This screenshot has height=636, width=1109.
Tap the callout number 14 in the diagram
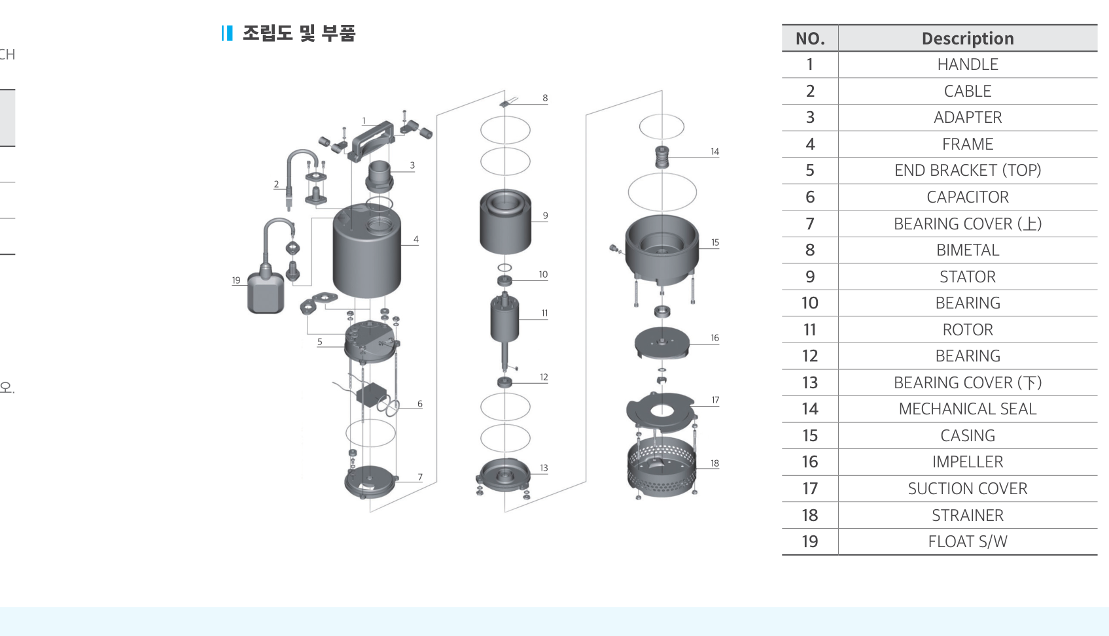coord(714,152)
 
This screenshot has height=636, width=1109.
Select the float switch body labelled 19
coord(266,292)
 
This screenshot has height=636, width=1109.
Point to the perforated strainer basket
coord(661,468)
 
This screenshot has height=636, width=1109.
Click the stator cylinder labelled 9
coord(505,222)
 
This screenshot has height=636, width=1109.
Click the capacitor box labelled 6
coord(372,394)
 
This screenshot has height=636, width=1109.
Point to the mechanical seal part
coord(662,158)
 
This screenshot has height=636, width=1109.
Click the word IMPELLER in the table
coord(968,462)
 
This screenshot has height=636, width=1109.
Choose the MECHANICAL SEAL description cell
coord(968,409)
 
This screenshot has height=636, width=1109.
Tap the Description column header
coord(968,39)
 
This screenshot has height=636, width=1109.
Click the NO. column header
coord(810,39)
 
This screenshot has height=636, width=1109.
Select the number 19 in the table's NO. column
coord(810,541)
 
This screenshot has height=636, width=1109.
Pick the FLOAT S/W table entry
coord(968,541)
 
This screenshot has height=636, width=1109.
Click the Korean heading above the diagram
coord(299,33)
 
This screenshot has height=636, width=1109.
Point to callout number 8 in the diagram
coord(545,98)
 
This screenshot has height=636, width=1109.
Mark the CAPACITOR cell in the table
coord(968,197)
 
